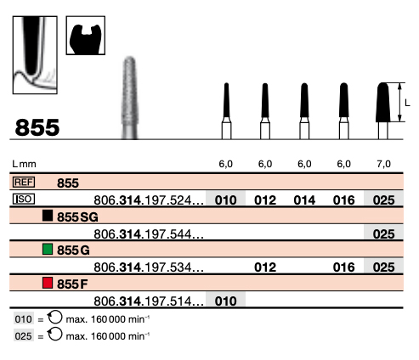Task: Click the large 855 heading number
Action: click(37, 127)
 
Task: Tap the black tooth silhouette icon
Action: click(86, 39)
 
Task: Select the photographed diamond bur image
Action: click(129, 98)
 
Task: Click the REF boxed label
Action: click(24, 182)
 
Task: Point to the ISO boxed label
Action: click(24, 199)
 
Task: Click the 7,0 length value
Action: click(383, 164)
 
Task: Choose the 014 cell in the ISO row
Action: click(304, 200)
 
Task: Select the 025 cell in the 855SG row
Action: click(383, 234)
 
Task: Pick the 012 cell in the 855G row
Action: click(265, 267)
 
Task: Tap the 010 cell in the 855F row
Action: click(225, 301)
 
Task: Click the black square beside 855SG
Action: click(48, 216)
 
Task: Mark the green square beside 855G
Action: click(48, 249)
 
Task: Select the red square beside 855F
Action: click(48, 283)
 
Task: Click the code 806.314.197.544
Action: click(149, 234)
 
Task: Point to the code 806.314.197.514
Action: click(149, 301)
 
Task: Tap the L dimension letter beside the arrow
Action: click(407, 103)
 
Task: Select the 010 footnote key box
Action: click(24, 319)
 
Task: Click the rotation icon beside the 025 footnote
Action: click(54, 334)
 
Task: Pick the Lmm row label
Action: click(24, 164)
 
